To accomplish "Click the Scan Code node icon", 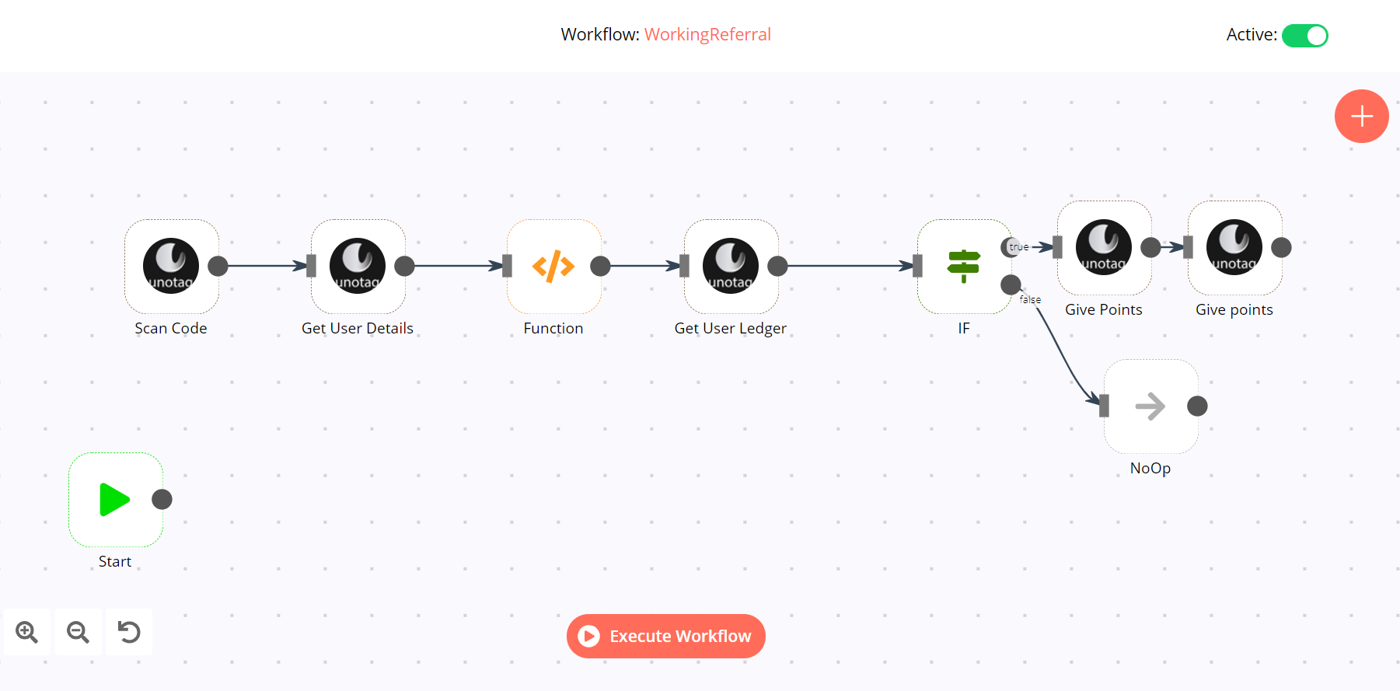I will tap(171, 266).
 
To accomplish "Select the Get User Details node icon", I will tap(358, 266).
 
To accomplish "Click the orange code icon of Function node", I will tap(553, 266).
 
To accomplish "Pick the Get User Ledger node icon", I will tap(731, 266).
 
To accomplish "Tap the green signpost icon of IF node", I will tap(964, 266).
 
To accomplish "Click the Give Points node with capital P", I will tap(1104, 247).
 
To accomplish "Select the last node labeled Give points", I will tap(1234, 247).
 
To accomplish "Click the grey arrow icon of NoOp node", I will tap(1150, 406).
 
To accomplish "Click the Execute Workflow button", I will tap(666, 636).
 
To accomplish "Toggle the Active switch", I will tap(1305, 36).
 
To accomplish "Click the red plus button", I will tap(1362, 117).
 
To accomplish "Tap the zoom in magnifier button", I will tap(27, 632).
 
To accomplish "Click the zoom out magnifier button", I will tap(78, 632).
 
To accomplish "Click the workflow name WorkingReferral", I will tap(707, 34).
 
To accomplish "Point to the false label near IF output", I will tap(1030, 299).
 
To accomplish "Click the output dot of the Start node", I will tap(162, 499).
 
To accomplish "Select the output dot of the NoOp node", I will tap(1198, 406).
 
